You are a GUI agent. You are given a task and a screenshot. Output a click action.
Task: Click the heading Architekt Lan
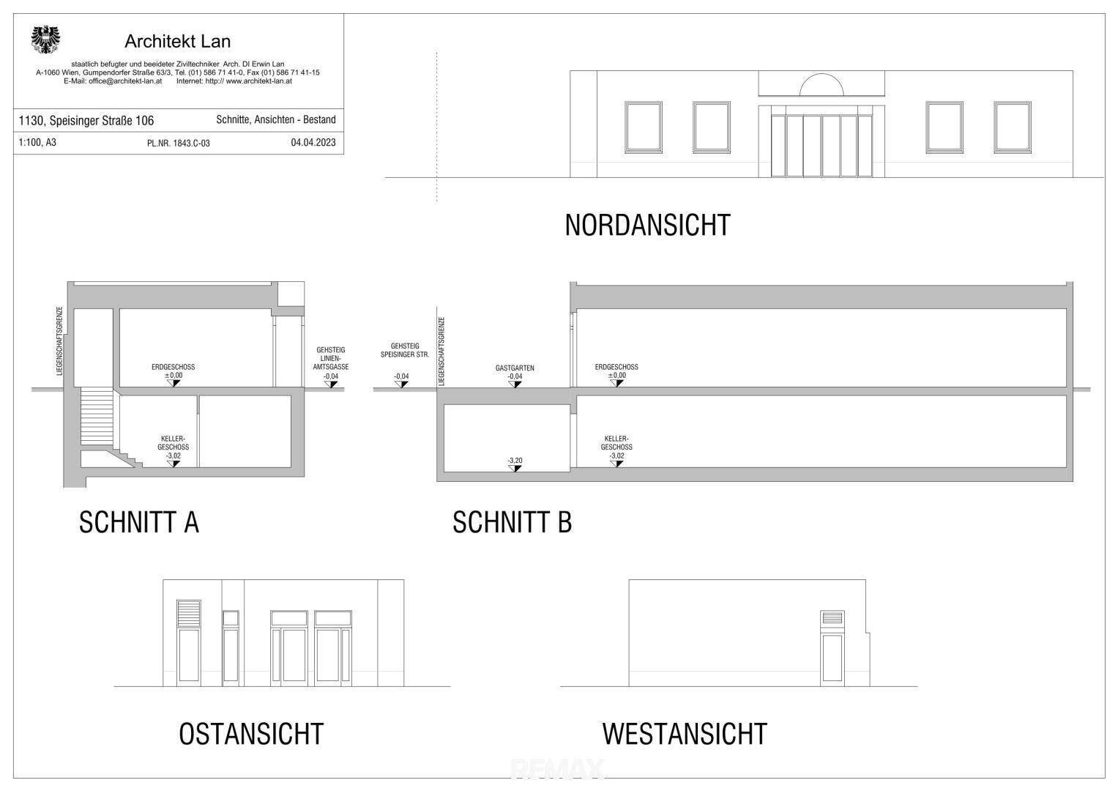178,42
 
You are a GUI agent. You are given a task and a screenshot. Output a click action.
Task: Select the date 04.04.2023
313,142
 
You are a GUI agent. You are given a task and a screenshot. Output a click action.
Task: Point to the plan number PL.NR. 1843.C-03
178,144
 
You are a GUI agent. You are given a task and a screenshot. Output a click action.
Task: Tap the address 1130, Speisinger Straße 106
86,120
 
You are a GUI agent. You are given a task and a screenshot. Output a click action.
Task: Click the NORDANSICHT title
647,226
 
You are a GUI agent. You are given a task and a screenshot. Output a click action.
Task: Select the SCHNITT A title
139,522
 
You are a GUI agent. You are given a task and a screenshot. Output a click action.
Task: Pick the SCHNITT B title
512,522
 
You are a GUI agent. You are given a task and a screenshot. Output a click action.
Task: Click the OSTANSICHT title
251,734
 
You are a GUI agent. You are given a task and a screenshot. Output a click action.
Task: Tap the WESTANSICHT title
685,734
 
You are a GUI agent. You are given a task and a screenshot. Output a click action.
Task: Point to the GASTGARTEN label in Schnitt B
515,368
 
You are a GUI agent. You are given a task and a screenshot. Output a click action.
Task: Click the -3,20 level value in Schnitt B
515,461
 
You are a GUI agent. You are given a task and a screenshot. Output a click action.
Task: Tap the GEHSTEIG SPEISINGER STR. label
405,350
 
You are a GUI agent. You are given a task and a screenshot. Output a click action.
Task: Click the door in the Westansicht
832,648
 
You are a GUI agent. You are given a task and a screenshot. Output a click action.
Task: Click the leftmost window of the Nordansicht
644,127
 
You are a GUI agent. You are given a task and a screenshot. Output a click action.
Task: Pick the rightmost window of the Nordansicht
1012,127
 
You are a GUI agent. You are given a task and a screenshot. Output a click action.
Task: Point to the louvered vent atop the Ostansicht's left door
189,613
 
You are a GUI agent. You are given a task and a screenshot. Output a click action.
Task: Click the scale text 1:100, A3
37,142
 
